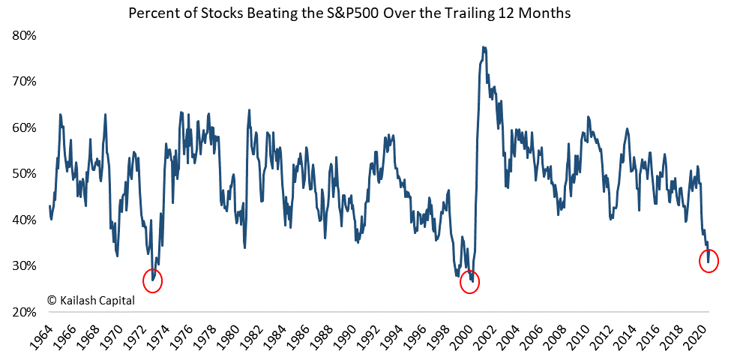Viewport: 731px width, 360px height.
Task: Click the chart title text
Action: (x=350, y=13)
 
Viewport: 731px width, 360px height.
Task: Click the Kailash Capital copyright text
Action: (x=91, y=299)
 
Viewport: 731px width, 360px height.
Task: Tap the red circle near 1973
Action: (x=151, y=280)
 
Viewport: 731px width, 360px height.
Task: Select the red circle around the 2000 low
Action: (x=469, y=282)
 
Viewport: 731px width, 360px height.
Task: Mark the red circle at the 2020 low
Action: (x=709, y=260)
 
